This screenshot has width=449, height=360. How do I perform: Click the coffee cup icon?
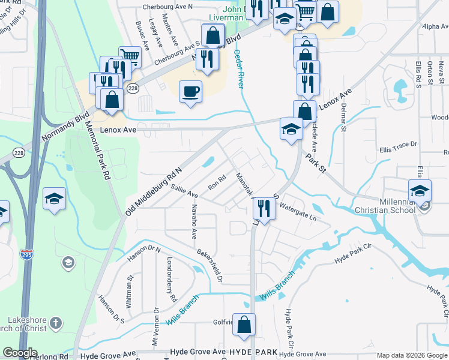click(x=191, y=92)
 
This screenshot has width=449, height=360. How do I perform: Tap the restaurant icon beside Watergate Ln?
click(x=264, y=208)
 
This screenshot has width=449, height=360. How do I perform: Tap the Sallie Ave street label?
click(x=184, y=191)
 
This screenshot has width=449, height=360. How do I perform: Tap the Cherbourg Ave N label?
click(x=167, y=7)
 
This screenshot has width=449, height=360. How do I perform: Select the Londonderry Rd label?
click(x=171, y=280)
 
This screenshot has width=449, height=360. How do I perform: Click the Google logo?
click(x=20, y=353)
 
